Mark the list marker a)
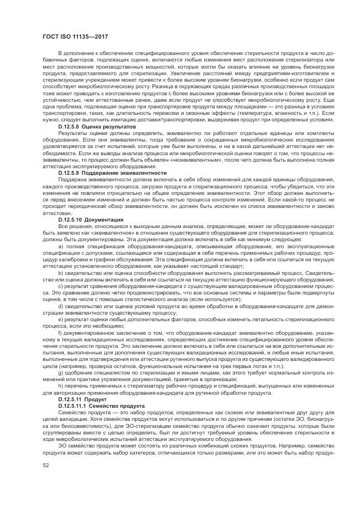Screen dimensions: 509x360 tap(60, 246)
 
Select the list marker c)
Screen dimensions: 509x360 tap(60, 285)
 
